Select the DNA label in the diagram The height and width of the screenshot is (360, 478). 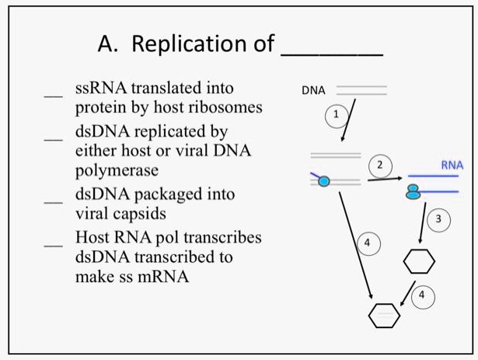coord(312,91)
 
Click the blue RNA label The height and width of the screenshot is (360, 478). coord(452,165)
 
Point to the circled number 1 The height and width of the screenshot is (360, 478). coord(335,114)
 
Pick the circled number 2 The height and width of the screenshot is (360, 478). coord(380,165)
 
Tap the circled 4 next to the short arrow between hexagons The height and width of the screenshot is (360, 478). coord(421,295)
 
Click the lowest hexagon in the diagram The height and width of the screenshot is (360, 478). coord(385,314)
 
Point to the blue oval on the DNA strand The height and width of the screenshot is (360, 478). coord(324,181)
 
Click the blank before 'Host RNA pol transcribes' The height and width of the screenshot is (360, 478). coord(53,244)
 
